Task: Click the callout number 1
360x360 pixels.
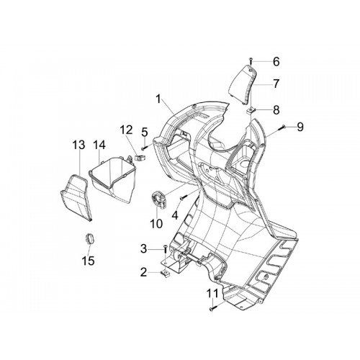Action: pos(158,99)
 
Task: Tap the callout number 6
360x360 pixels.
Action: pos(276,62)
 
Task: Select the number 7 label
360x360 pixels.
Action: pos(276,84)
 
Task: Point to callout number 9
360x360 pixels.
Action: pos(300,127)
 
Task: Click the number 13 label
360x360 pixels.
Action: pos(79,145)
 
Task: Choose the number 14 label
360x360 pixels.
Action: pos(99,145)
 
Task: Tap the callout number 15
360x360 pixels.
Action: pos(88,261)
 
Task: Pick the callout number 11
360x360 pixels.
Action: pos(213,293)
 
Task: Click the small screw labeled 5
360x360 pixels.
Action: pos(145,148)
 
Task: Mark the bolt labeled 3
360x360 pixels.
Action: pos(165,251)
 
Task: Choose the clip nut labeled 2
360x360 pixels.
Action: pos(165,274)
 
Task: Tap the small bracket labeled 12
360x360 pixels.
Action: pos(139,158)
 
